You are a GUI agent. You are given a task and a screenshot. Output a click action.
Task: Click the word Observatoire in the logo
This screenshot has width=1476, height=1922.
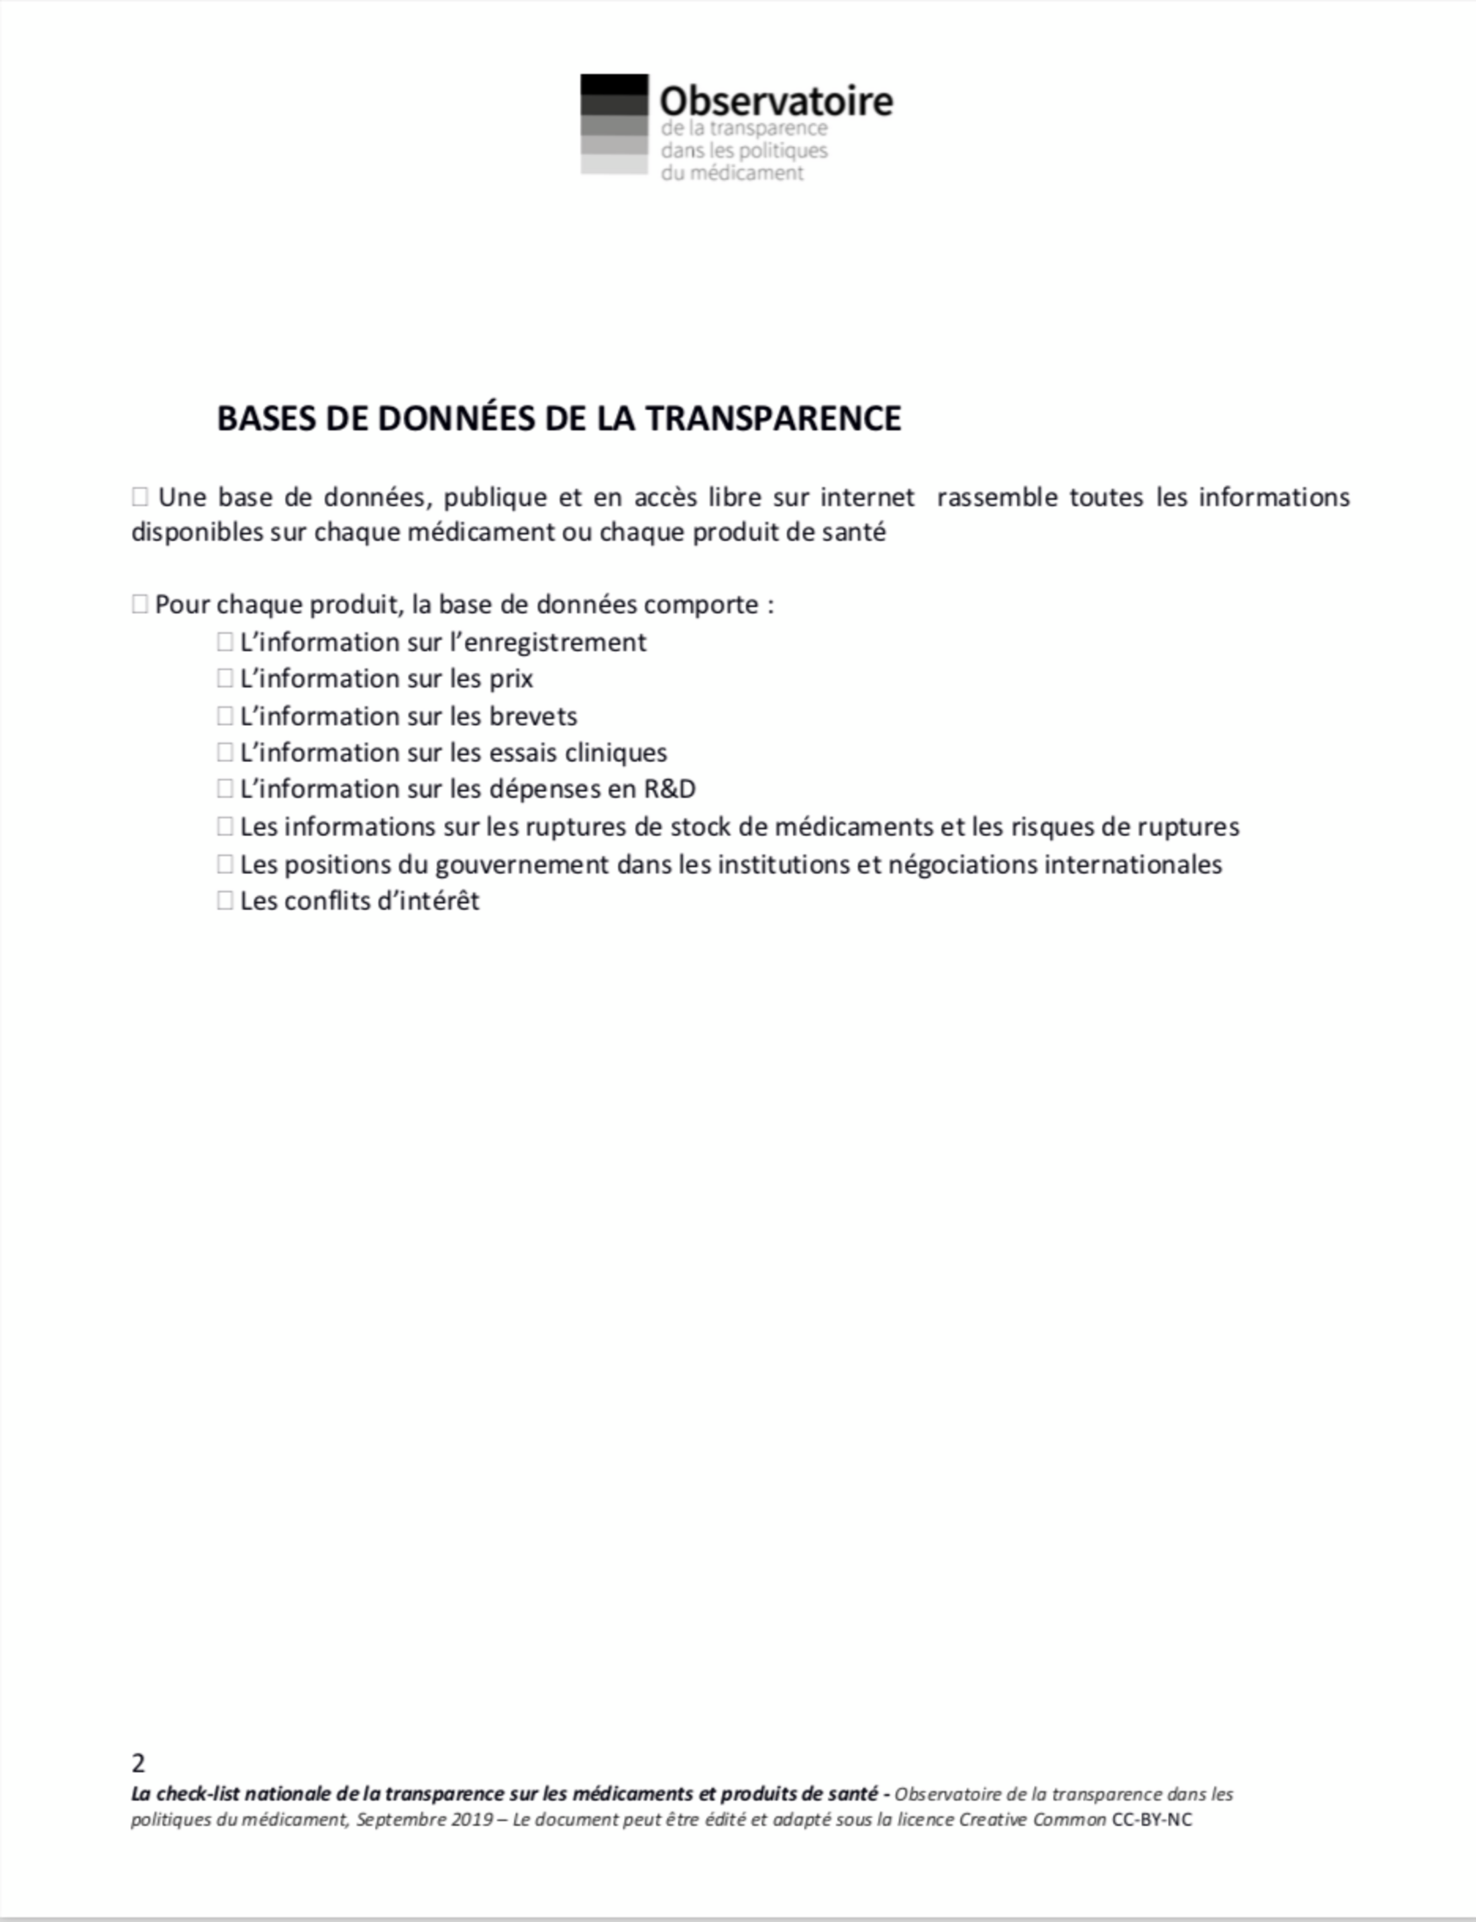[776, 101]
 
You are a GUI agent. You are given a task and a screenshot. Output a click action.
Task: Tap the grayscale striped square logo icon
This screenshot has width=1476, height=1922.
[613, 124]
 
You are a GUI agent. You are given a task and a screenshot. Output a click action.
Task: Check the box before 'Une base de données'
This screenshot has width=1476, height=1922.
[140, 497]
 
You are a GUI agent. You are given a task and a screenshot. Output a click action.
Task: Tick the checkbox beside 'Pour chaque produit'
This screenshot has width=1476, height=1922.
[140, 604]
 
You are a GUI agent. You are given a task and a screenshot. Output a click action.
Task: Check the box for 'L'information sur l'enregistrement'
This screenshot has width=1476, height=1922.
[225, 642]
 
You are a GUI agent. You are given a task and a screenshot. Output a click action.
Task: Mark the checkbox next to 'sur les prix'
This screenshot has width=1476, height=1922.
[225, 679]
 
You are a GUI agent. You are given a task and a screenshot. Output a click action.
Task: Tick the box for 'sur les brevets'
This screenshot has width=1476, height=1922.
[225, 716]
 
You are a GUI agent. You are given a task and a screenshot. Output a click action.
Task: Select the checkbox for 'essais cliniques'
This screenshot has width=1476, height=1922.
[225, 753]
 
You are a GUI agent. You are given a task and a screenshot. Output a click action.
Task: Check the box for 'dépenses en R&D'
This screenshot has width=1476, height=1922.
[225, 789]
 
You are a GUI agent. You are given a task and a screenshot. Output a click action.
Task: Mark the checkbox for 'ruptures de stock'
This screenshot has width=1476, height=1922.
[225, 826]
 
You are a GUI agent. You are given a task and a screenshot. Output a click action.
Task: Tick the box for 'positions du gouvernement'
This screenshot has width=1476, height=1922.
[225, 864]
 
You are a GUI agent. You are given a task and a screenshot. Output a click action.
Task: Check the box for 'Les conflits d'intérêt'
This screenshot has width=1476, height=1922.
[225, 900]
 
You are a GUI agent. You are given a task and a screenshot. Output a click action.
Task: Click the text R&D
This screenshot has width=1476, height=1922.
[670, 789]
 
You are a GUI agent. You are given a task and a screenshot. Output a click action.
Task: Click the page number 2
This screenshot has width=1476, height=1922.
[139, 1763]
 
